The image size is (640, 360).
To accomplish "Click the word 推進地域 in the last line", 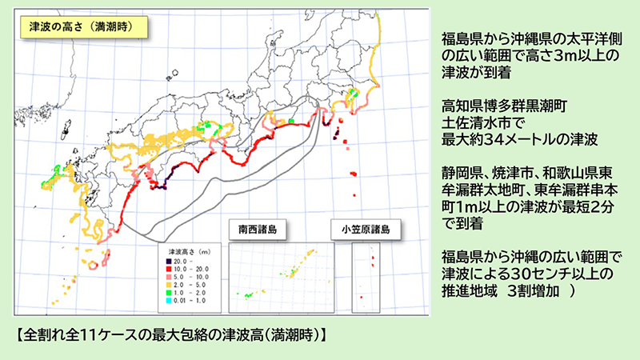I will coord(470,293).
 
